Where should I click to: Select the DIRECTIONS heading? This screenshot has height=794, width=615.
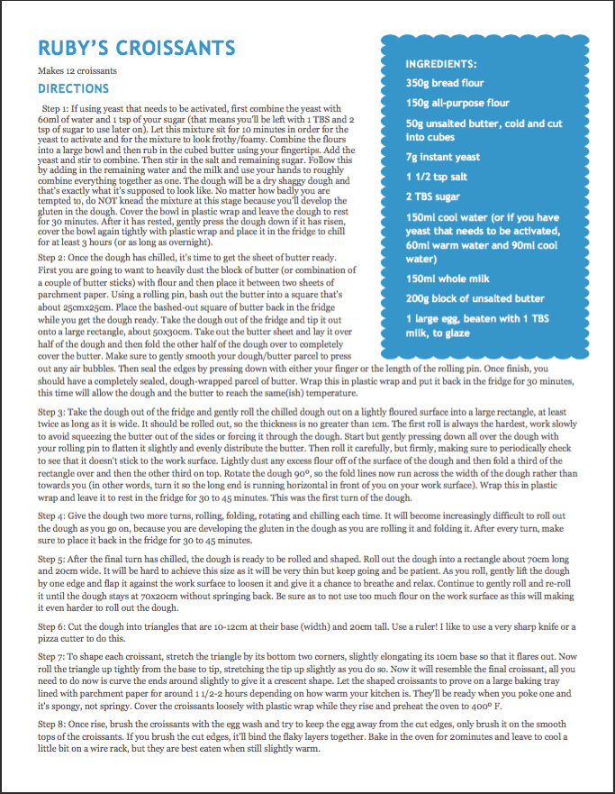click(x=73, y=89)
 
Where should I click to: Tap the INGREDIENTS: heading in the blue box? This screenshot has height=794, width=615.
click(x=441, y=64)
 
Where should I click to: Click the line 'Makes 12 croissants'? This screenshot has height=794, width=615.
click(x=77, y=70)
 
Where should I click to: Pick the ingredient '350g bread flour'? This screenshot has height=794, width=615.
click(x=445, y=83)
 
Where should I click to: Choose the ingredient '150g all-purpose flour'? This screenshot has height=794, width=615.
click(x=457, y=103)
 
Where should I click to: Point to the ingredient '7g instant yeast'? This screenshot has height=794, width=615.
click(x=442, y=157)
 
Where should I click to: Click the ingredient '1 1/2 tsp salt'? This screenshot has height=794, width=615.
click(x=436, y=177)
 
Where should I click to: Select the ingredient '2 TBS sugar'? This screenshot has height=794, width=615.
click(x=433, y=196)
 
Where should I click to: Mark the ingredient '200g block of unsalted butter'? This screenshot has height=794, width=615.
click(x=475, y=298)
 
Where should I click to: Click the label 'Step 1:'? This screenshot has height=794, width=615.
click(x=56, y=107)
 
